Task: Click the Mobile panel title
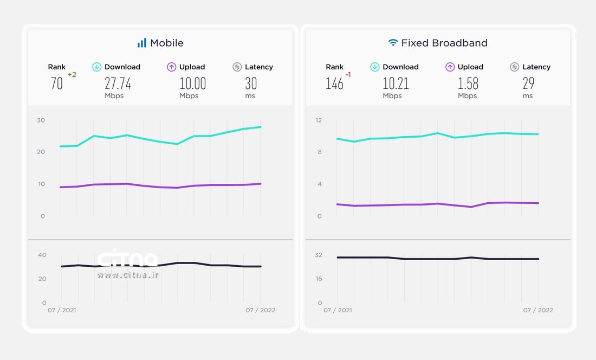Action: tap(166, 43)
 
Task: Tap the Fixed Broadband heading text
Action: tap(444, 43)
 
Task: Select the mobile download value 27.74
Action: tap(118, 83)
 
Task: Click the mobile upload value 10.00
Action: tap(192, 83)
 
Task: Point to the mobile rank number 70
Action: tap(56, 83)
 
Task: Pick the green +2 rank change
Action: tap(72, 75)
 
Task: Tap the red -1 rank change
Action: tap(348, 75)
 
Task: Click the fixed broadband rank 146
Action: tap(334, 83)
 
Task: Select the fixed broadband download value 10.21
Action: tap(396, 83)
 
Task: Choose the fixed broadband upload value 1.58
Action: tap(468, 83)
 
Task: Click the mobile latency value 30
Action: tap(251, 83)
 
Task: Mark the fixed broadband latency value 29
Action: tap(528, 83)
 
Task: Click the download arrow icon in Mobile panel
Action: tap(97, 67)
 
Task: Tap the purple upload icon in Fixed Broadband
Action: tap(450, 67)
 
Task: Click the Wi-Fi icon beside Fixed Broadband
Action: tap(393, 43)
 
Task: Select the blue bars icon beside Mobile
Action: tap(142, 43)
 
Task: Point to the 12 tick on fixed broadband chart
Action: tap(319, 120)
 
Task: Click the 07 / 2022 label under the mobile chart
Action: tap(261, 310)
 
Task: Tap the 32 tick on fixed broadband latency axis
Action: tap(319, 255)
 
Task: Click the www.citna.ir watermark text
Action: tap(128, 275)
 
